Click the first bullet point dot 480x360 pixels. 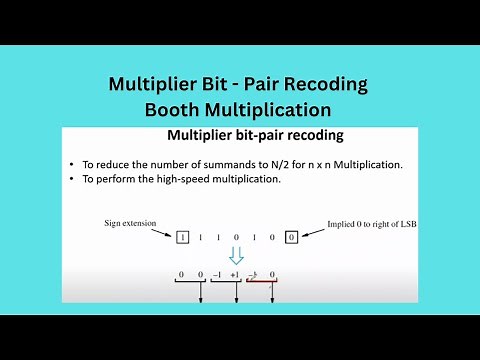click(x=73, y=164)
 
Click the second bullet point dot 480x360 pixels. click(x=73, y=180)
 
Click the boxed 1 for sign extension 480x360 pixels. click(x=183, y=237)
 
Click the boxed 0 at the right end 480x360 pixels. click(x=291, y=237)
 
